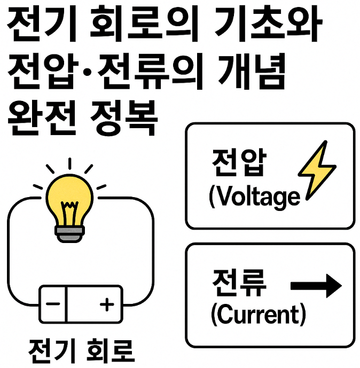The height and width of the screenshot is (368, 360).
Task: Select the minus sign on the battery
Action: coord(53,304)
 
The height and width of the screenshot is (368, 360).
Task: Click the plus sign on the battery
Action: coord(107,304)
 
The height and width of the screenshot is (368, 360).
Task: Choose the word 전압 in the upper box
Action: coord(237,163)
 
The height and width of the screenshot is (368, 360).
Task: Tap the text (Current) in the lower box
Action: coord(258,315)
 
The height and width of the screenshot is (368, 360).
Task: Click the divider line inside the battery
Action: coord(67,304)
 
